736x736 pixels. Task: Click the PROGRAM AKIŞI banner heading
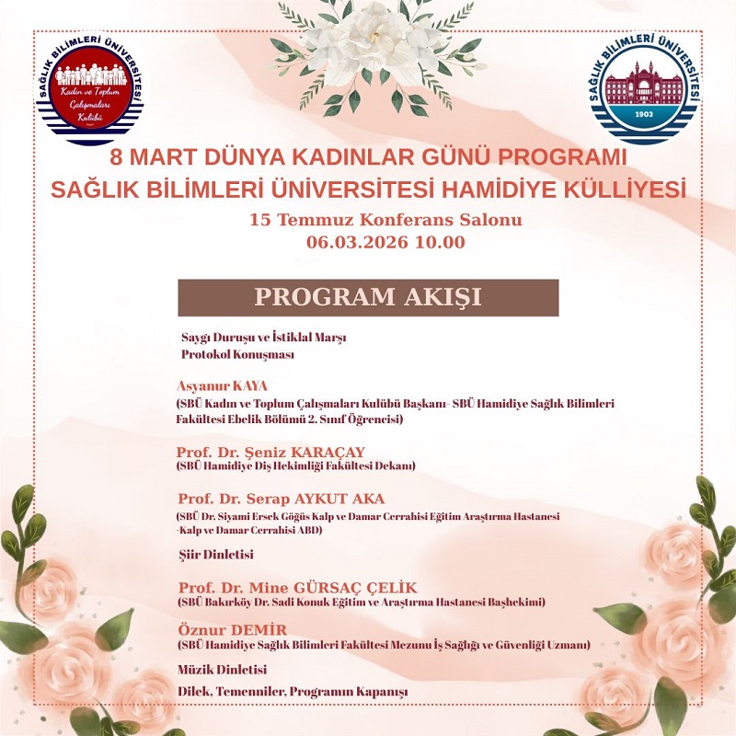click(x=368, y=297)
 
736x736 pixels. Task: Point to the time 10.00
click(x=440, y=243)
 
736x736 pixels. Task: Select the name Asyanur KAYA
click(x=222, y=385)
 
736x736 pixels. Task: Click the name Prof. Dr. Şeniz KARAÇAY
click(x=270, y=452)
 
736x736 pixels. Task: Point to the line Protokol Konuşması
click(x=237, y=354)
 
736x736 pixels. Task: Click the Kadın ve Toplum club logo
click(x=89, y=92)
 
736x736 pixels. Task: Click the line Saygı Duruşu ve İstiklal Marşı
click(x=263, y=338)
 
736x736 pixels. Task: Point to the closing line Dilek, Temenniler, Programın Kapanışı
click(x=292, y=691)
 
